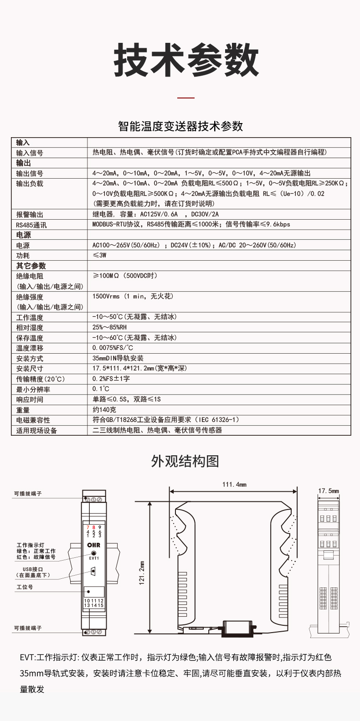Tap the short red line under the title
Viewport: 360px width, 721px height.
(185, 98)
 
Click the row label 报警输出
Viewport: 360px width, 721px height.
(30, 214)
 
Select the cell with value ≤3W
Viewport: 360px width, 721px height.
(99, 255)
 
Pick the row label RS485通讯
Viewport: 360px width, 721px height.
(31, 225)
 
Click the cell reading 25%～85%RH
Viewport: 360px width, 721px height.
(109, 327)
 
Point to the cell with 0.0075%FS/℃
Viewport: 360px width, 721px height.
(113, 348)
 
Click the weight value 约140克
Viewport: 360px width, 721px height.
(104, 410)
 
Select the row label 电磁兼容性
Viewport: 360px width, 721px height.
(33, 420)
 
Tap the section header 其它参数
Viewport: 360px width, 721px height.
(31, 266)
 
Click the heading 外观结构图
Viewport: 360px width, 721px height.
(185, 461)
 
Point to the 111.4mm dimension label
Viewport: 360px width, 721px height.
(234, 484)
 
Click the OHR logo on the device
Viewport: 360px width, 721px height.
(93, 545)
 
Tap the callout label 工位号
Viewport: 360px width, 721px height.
(25, 587)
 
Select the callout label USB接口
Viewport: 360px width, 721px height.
(33, 569)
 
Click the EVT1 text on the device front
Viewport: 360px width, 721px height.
(93, 558)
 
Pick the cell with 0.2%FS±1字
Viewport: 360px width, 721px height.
(111, 379)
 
